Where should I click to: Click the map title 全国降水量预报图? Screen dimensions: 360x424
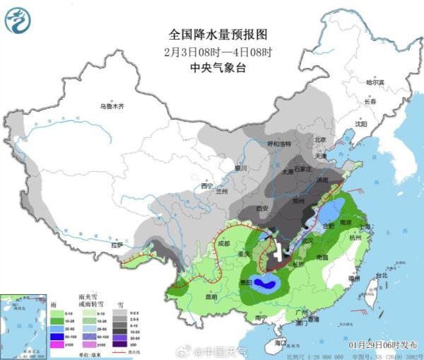(x=212, y=33)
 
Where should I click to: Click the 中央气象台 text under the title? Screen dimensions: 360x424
(x=212, y=68)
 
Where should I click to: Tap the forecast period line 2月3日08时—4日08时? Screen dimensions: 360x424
(x=212, y=51)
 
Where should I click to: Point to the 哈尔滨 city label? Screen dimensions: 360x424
(x=374, y=83)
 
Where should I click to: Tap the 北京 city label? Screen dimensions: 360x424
(x=320, y=139)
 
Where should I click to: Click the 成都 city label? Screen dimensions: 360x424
(x=224, y=243)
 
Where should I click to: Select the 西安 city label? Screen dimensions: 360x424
(x=262, y=208)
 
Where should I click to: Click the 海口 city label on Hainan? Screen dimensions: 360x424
(x=281, y=342)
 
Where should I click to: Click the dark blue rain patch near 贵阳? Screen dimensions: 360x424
(x=266, y=284)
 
